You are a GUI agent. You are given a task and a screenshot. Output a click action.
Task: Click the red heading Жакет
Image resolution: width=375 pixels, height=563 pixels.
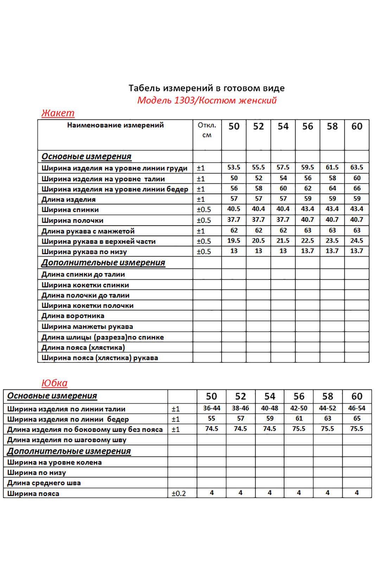pyautogui.click(x=58, y=113)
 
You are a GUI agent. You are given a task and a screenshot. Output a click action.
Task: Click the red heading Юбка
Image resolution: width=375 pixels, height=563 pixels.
pyautogui.click(x=55, y=383)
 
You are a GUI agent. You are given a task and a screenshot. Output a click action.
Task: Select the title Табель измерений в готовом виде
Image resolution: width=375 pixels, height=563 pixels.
pyautogui.click(x=206, y=88)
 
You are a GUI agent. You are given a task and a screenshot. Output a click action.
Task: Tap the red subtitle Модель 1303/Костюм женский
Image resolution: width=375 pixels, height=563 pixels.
pyautogui.click(x=207, y=100)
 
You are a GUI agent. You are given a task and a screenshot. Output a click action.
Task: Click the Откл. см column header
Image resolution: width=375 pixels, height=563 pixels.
pyautogui.click(x=207, y=130)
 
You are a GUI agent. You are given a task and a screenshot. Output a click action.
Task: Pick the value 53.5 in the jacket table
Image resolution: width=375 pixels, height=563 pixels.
pyautogui.click(x=234, y=167)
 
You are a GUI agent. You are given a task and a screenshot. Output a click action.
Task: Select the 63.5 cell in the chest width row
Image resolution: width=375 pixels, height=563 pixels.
pyautogui.click(x=357, y=167)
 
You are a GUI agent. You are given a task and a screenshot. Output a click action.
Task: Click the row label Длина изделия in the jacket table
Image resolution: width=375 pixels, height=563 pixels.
pyautogui.click(x=69, y=200)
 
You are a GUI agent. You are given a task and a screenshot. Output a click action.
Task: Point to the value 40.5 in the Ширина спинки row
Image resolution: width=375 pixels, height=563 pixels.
pyautogui.click(x=234, y=209)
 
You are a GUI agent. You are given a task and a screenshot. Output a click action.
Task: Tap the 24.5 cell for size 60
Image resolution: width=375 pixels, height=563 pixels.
pyautogui.click(x=357, y=241)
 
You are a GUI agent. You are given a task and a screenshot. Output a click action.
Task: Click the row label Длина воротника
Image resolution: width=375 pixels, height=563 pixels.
pyautogui.click(x=73, y=316)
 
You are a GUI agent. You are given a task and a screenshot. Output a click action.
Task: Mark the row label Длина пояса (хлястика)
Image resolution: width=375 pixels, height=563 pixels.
pyautogui.click(x=83, y=348)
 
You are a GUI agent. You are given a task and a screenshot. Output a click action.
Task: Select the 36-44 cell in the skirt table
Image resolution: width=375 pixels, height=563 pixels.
pyautogui.click(x=211, y=408)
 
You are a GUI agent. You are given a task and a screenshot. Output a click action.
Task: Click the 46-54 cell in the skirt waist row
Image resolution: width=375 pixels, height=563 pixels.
pyautogui.click(x=357, y=408)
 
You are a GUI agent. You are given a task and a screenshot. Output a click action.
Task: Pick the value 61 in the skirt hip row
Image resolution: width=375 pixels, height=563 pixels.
pyautogui.click(x=299, y=418)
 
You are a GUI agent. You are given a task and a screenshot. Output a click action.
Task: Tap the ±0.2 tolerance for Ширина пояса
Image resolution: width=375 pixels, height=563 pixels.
pyautogui.click(x=179, y=493)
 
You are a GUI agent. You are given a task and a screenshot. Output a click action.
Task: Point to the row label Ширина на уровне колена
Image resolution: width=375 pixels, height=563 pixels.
pyautogui.click(x=55, y=462)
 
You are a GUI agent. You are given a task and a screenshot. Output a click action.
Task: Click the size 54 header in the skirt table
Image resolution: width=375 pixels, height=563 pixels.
pyautogui.click(x=269, y=396)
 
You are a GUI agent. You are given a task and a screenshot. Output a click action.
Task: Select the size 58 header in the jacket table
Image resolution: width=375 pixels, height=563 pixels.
pyautogui.click(x=332, y=126)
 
